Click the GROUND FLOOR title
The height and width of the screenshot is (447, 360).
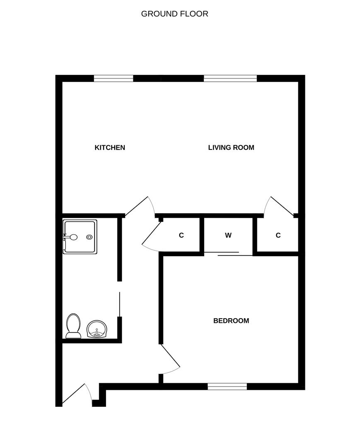point(174,14)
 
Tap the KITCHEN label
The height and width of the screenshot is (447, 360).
point(110,147)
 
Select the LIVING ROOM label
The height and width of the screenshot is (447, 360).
point(231,147)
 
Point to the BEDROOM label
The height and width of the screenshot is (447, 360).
point(231,321)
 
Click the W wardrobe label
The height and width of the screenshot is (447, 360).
point(228,235)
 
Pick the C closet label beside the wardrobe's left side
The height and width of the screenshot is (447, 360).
point(181,235)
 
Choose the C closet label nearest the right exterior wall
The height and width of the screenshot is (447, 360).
point(278,235)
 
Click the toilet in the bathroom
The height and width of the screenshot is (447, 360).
point(73,326)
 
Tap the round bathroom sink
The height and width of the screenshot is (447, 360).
point(97,329)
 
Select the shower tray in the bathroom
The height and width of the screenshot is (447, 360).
point(80,237)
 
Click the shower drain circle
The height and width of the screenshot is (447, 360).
point(90,237)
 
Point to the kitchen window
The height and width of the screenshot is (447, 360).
point(114,78)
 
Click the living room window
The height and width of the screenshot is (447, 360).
point(230,78)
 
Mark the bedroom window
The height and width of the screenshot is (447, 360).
point(227,387)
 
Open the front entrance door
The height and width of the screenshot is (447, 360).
point(77,394)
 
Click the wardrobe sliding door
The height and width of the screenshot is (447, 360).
point(228,254)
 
